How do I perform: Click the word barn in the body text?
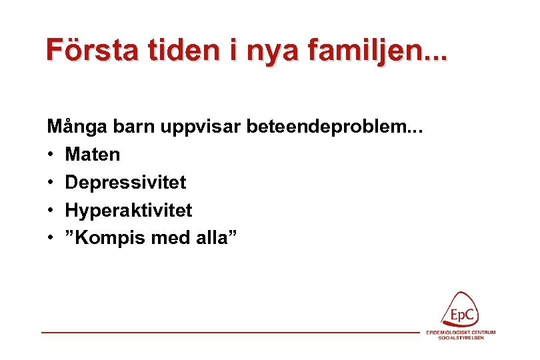[126, 127]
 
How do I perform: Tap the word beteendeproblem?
[331, 127]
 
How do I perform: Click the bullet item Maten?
[93, 155]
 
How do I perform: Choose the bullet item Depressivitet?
[125, 182]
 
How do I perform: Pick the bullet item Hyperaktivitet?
[128, 211]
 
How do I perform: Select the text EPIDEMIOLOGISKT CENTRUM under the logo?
[461, 332]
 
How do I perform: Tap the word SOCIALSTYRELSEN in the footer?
[461, 338]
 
